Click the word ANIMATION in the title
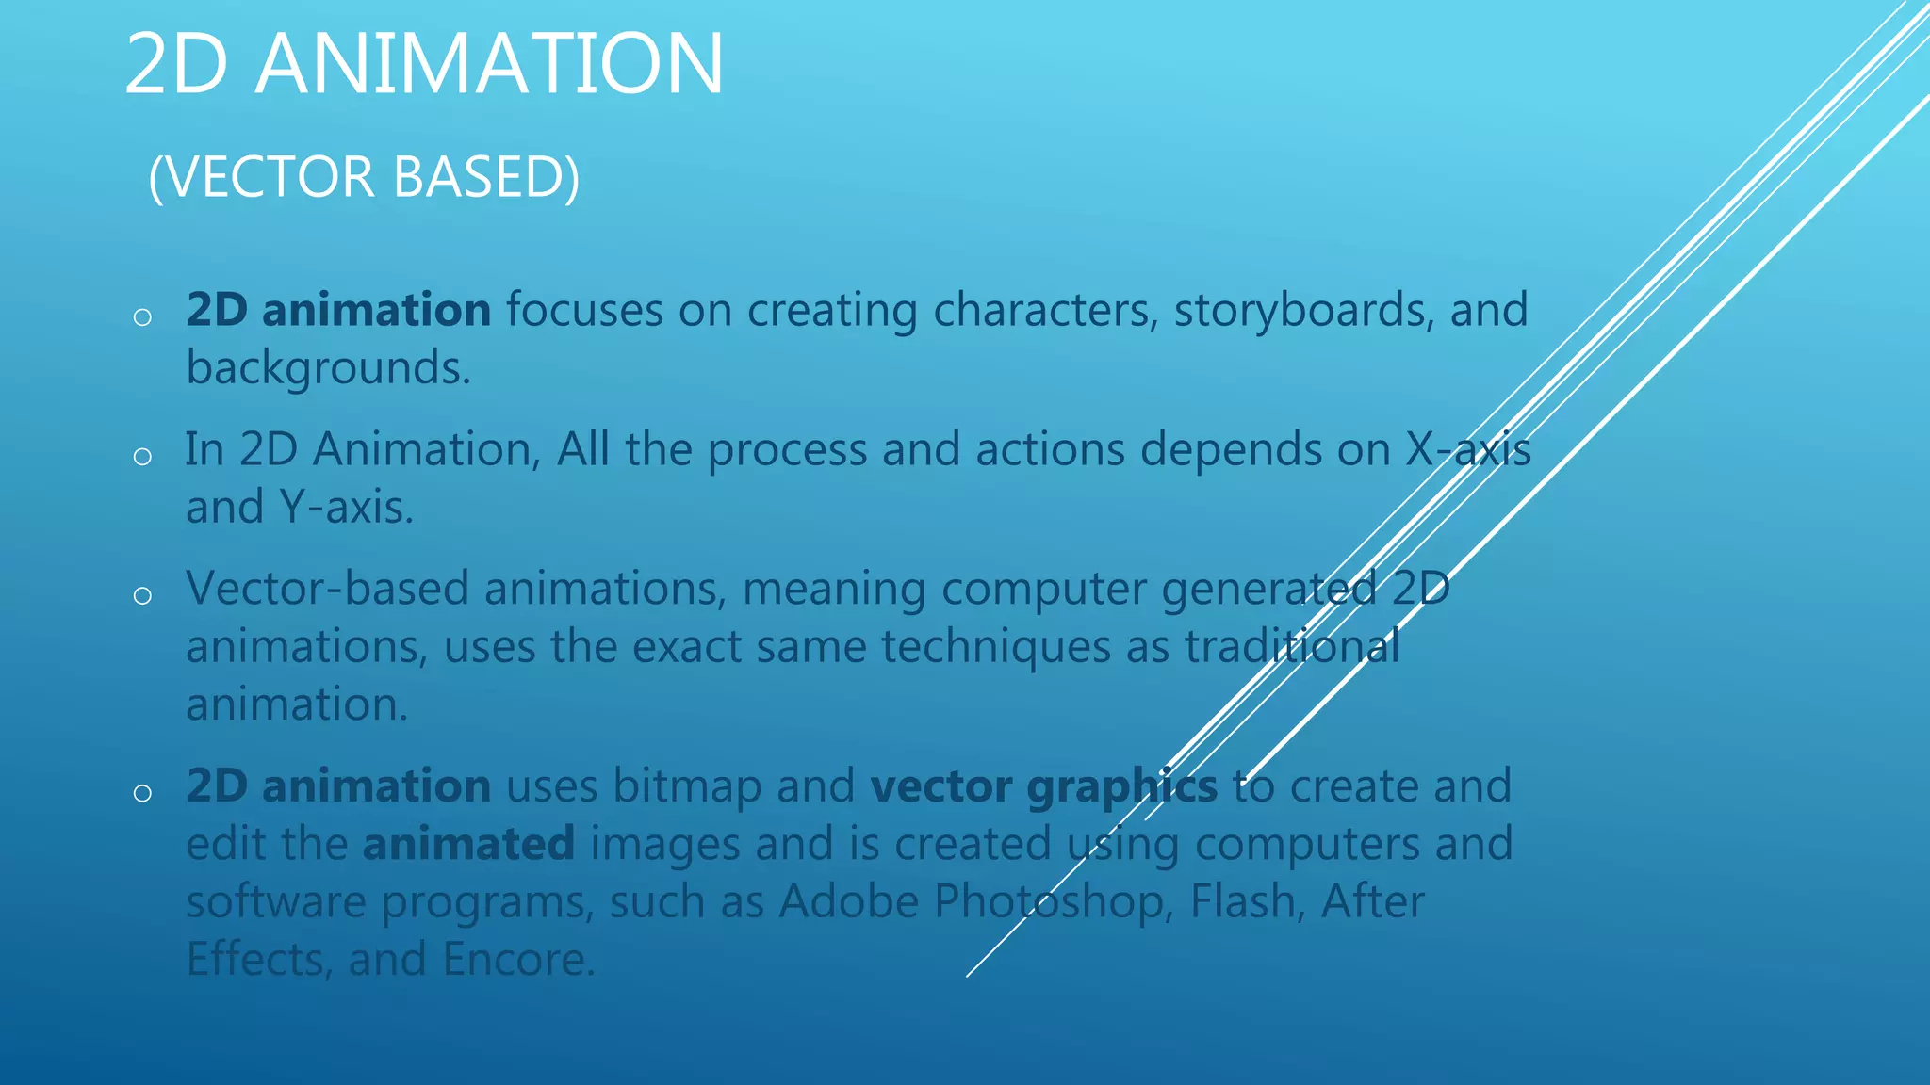489,64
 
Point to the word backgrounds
328,368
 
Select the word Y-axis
346,508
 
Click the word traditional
1291,647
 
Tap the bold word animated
468,844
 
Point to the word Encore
518,960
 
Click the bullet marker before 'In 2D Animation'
142,457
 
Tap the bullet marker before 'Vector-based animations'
142,595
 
